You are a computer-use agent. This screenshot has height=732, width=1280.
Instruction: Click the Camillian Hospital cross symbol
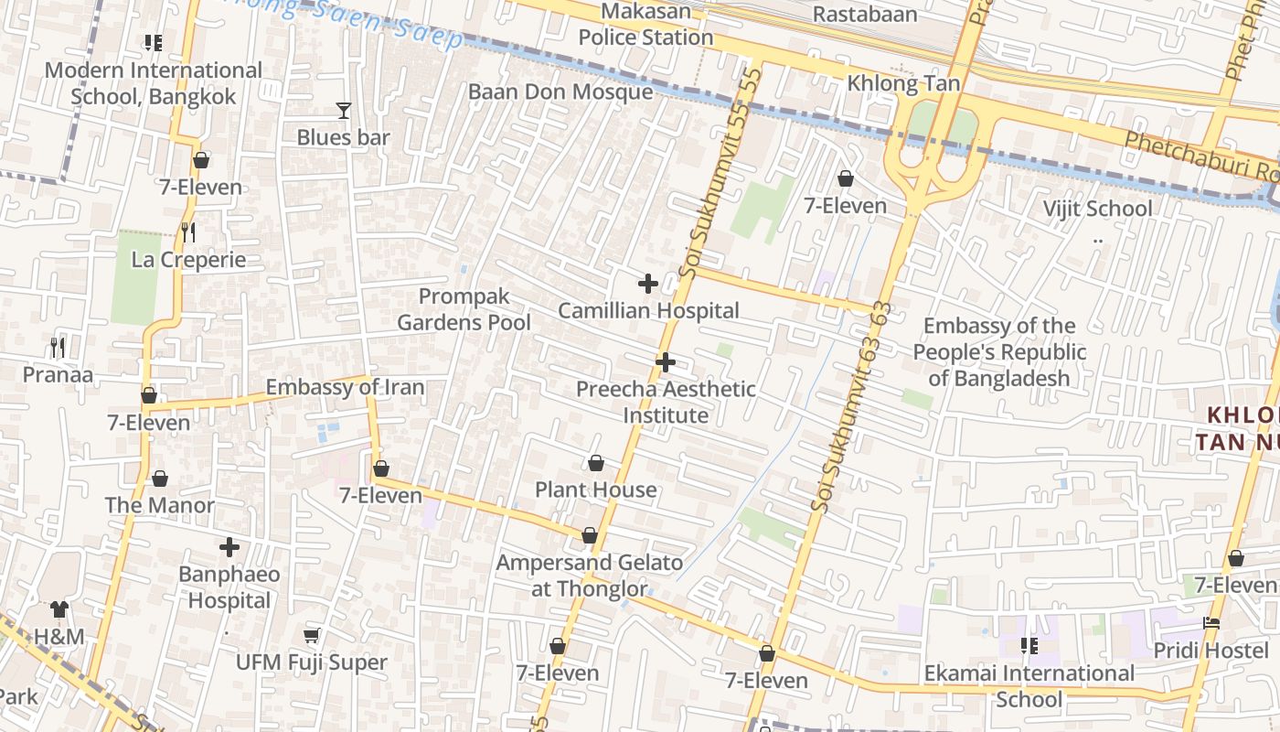[x=648, y=284]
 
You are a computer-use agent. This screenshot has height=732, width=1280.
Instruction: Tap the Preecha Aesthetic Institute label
[x=666, y=403]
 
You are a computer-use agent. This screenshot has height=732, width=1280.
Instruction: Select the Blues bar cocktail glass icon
[x=344, y=111]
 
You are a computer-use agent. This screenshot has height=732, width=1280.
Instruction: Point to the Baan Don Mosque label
[x=560, y=91]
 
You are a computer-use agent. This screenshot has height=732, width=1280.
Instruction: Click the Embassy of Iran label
[x=345, y=388]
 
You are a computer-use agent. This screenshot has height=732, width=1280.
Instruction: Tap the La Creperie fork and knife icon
[x=188, y=232]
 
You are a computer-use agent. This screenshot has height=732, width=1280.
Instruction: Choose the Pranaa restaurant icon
[x=58, y=348]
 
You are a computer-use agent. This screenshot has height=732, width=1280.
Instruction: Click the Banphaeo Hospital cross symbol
[x=229, y=548]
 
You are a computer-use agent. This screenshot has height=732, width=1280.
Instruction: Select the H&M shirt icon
[x=59, y=609]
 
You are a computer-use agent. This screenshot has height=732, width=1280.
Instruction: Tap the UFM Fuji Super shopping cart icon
[x=312, y=635]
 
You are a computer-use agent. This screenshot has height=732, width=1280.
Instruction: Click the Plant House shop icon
[x=596, y=463]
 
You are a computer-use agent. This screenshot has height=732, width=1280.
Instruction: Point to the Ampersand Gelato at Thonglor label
[x=590, y=576]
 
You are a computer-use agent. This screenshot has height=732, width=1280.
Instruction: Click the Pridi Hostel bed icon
[x=1211, y=623]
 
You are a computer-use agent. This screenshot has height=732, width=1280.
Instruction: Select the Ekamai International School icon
[x=1029, y=646]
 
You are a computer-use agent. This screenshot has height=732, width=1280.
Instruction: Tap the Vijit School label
[x=1098, y=209]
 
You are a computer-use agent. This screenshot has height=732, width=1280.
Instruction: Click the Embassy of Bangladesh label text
[x=999, y=352]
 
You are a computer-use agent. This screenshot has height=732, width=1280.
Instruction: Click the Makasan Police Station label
[x=645, y=25]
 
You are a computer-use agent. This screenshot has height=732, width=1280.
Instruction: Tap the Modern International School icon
[x=153, y=43]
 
